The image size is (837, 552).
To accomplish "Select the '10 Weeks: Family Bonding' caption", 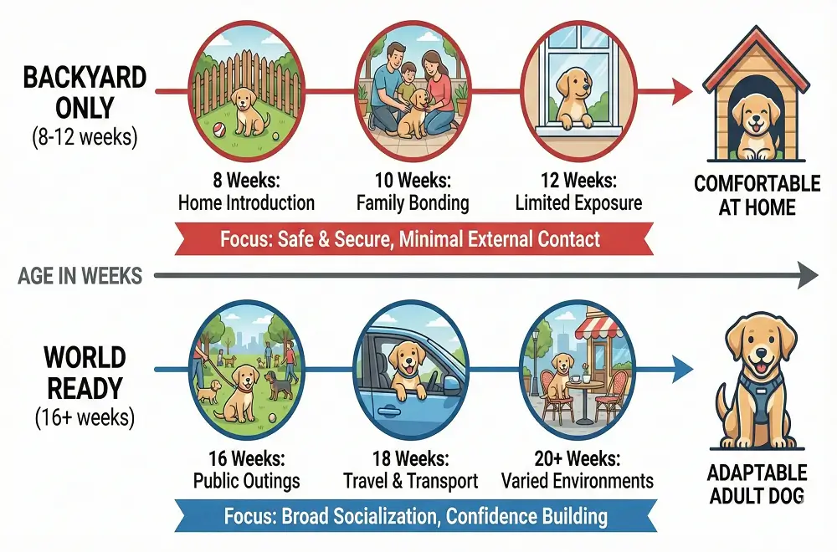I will (412, 192).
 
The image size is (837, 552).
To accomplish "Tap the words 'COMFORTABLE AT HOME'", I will (757, 194).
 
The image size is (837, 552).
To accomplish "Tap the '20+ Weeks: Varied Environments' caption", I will (577, 469).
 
